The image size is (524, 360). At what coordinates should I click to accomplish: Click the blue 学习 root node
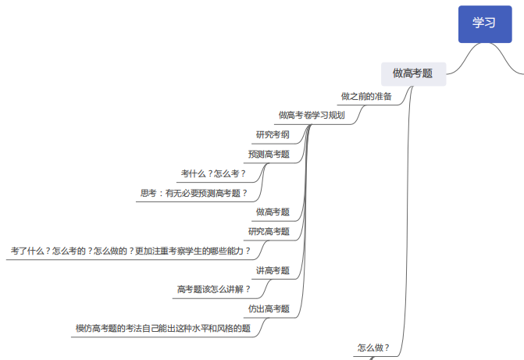coord(485,24)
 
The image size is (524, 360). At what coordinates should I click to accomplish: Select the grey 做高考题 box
coord(413,74)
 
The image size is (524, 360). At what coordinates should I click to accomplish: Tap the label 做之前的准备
coord(366,97)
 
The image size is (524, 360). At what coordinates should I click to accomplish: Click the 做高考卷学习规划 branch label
coord(312,116)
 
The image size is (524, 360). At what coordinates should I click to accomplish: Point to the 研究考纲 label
coord(273,135)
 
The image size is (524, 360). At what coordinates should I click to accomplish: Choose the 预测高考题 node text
coord(269,154)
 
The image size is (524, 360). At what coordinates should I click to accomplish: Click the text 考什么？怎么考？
coord(213,173)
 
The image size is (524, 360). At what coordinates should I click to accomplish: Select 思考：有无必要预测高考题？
coord(194,193)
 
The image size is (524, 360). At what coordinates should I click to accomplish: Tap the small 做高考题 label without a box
coord(273,212)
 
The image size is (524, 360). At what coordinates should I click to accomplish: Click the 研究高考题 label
coord(269,231)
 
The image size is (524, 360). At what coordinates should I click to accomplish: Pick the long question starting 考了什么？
coord(130,251)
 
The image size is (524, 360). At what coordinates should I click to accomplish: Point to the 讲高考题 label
coord(273,270)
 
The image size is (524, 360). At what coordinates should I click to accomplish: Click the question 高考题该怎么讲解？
coord(213,289)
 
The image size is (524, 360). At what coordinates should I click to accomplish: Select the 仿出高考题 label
coord(269,308)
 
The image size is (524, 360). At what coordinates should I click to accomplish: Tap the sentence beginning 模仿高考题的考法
coord(163,328)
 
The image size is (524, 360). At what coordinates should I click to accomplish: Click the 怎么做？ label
coord(373,348)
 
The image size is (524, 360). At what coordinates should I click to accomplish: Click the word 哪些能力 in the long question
coord(226,251)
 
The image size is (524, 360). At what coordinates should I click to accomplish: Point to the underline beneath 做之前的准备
coord(368,105)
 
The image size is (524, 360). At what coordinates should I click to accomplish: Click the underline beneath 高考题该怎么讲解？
coord(216,298)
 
